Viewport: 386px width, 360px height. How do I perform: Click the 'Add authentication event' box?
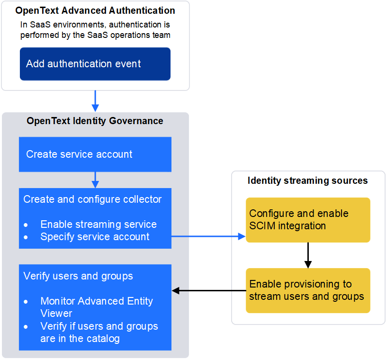(x=95, y=64)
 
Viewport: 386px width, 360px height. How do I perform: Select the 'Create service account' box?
(x=95, y=154)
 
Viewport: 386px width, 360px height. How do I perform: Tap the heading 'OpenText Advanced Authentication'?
(x=95, y=10)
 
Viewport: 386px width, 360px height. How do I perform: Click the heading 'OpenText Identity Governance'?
(x=95, y=121)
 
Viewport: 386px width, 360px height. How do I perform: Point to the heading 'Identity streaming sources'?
(x=307, y=180)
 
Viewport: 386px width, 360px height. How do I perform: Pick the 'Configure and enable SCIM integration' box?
(x=307, y=220)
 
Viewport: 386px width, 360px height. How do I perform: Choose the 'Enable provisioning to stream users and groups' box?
(x=307, y=290)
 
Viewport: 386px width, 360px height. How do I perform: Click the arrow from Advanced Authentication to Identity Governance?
(x=95, y=101)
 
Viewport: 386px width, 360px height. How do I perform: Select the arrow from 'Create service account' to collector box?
(x=95, y=180)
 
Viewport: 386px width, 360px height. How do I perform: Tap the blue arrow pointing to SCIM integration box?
(x=208, y=236)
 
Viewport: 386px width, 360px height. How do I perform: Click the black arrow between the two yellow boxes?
(x=308, y=255)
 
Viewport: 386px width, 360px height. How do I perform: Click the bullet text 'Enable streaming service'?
(x=99, y=225)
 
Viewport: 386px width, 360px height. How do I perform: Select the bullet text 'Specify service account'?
(x=95, y=237)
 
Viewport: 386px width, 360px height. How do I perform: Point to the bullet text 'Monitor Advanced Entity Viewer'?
(x=97, y=307)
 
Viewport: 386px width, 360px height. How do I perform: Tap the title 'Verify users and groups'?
(x=78, y=276)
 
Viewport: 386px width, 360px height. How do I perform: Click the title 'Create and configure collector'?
(x=92, y=199)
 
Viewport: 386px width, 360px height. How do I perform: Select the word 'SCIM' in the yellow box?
(x=262, y=226)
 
